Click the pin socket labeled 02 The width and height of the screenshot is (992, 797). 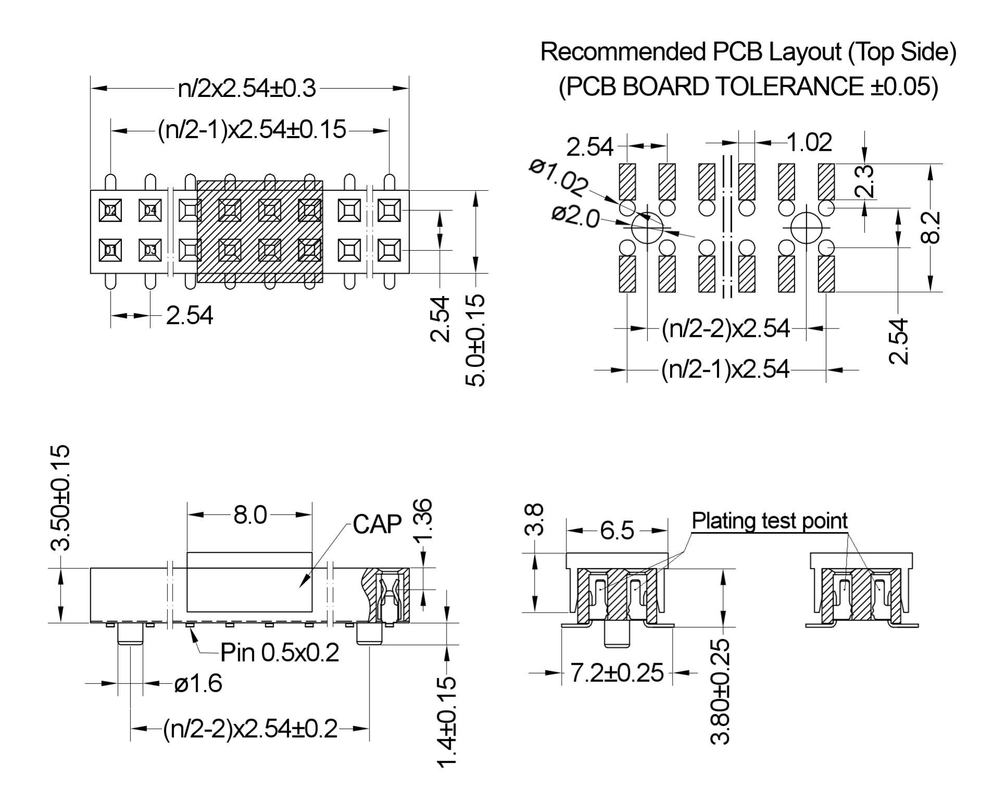click(x=110, y=211)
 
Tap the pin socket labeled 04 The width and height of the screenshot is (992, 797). click(x=150, y=211)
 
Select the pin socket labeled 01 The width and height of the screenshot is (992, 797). click(x=110, y=250)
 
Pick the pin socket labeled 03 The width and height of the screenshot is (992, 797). click(x=150, y=250)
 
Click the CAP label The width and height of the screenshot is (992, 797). click(x=377, y=524)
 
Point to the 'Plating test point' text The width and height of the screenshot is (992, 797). click(x=770, y=521)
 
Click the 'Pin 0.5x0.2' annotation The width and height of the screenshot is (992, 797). click(x=279, y=653)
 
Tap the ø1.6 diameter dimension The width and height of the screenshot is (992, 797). click(x=198, y=683)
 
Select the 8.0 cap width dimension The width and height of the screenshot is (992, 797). click(x=250, y=516)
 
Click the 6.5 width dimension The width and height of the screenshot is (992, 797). click(x=617, y=531)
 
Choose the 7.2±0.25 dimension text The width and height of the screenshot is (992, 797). click(x=617, y=673)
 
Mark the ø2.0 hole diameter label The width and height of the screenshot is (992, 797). click(x=576, y=217)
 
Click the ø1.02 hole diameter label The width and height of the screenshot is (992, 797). click(x=559, y=177)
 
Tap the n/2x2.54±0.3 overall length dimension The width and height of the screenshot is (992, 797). click(x=247, y=89)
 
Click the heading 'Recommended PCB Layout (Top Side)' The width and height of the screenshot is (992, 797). click(x=748, y=52)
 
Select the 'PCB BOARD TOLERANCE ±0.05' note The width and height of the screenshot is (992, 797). click(x=748, y=87)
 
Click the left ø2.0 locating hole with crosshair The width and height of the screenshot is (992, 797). click(x=647, y=227)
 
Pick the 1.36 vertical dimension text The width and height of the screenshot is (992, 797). click(x=424, y=521)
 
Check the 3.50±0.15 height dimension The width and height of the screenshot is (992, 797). click(x=59, y=498)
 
